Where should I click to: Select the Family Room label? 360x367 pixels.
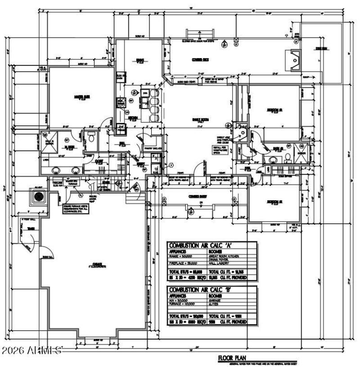coord(200,119)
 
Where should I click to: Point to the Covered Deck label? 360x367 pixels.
coord(200,59)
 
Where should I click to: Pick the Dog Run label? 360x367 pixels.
coord(320,48)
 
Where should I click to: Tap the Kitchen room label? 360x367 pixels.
coord(133,118)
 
